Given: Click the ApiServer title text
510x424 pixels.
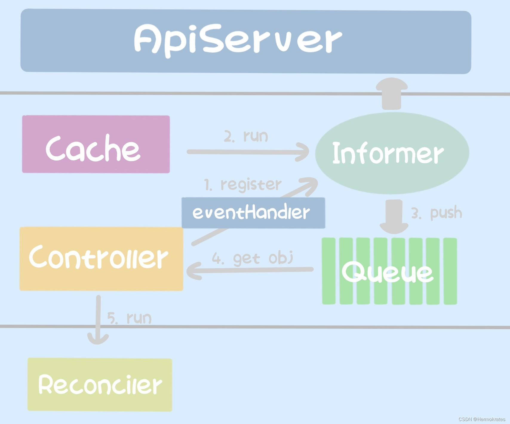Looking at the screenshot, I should click(238, 40).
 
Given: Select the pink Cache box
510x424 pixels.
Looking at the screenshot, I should click(96, 144).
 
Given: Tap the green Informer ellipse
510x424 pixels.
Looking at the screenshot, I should click(391, 153).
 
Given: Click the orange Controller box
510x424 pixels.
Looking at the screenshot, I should click(101, 258).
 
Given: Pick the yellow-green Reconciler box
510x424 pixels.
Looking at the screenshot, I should click(100, 385).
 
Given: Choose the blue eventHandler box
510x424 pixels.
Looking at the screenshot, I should click(253, 213).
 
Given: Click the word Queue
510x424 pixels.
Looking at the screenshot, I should click(387, 272).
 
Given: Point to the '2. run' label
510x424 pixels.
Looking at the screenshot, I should click(246, 136).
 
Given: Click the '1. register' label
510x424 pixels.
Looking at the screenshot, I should click(242, 185).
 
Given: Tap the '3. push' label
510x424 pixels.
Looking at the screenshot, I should click(437, 213).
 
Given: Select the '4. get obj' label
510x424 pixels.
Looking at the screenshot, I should click(253, 258).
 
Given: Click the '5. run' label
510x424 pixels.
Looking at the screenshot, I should click(129, 318).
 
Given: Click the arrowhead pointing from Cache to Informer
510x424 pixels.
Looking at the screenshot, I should click(303, 152).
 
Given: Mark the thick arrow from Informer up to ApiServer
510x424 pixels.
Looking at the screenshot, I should click(391, 93).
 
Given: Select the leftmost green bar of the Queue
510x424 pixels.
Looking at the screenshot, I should click(329, 271).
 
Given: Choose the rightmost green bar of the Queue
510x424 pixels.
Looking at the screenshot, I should click(450, 271).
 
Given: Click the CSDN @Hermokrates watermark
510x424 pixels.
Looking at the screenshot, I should click(482, 419).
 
